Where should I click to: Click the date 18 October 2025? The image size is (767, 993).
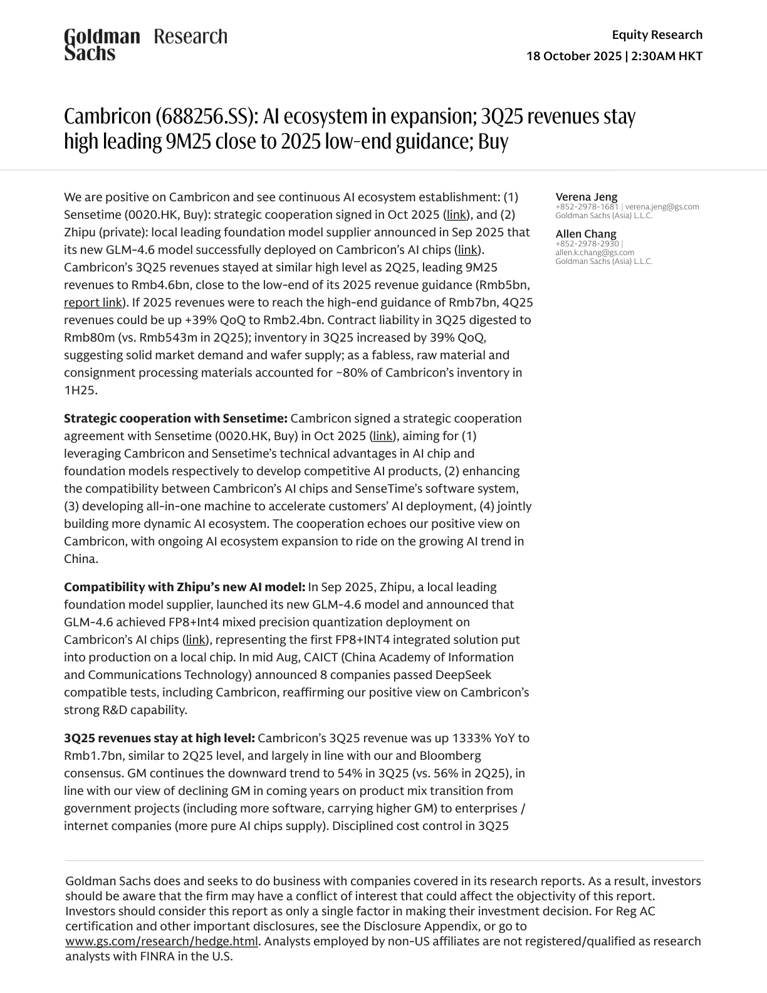coord(573,56)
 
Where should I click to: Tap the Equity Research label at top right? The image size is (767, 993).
coord(657,34)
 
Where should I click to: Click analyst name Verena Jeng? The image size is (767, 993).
coord(586,197)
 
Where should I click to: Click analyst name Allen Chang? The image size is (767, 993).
coord(585,234)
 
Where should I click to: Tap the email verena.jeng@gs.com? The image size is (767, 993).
coord(662,207)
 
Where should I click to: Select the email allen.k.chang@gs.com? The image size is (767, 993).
coord(594,253)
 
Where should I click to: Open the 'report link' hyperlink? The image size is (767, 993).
coord(93,302)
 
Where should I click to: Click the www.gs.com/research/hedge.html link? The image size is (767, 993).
coord(162,942)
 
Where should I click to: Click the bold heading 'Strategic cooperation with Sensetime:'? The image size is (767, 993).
coord(175,418)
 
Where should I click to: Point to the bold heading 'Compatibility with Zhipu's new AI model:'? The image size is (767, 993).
coord(184,587)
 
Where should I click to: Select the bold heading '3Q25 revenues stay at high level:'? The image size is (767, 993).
coord(159,738)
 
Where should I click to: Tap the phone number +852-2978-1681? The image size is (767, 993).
coord(587,207)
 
